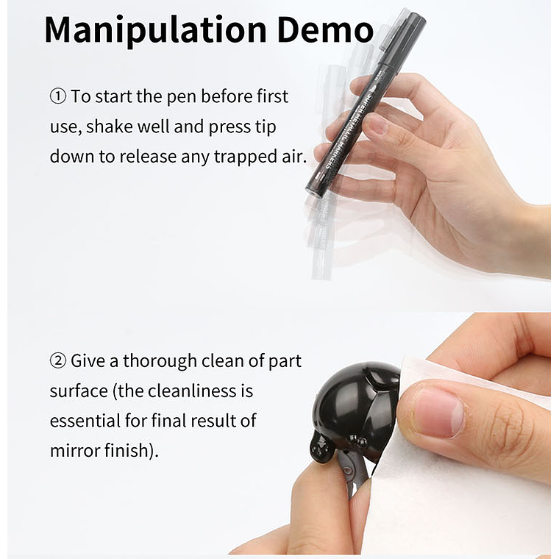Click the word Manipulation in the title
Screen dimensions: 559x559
155,30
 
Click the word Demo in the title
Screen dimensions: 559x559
325,29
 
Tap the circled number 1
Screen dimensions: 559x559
58,96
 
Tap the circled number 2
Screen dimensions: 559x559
58,361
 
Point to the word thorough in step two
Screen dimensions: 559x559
160,361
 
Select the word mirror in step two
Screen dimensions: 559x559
75,451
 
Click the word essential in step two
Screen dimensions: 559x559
85,421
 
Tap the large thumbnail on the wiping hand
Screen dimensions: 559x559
439,413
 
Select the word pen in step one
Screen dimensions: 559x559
181,97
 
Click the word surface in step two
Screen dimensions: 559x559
79,391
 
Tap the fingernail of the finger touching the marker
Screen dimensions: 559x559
374,124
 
